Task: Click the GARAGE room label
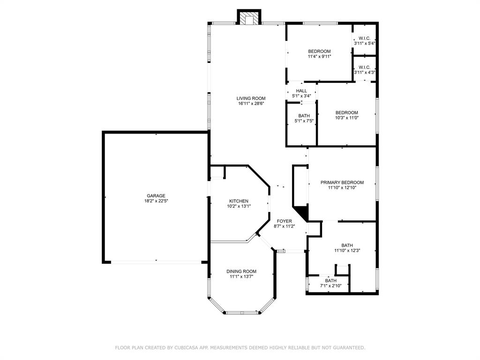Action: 156,195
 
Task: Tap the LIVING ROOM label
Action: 251,98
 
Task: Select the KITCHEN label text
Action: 239,201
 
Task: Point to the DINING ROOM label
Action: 241,271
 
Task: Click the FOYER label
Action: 285,221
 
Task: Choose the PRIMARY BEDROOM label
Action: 342,182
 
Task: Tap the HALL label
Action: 301,91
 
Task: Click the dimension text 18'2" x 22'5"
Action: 156,201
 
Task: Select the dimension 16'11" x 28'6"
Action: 251,104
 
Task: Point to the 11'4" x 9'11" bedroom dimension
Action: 320,56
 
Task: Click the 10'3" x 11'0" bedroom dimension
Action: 346,118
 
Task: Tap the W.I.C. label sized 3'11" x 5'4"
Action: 365,38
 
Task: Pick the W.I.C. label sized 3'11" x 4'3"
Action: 365,67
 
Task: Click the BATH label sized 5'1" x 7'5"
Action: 304,116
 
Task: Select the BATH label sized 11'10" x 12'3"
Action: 347,245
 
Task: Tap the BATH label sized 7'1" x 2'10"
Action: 330,280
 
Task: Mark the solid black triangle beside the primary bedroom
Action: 301,212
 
